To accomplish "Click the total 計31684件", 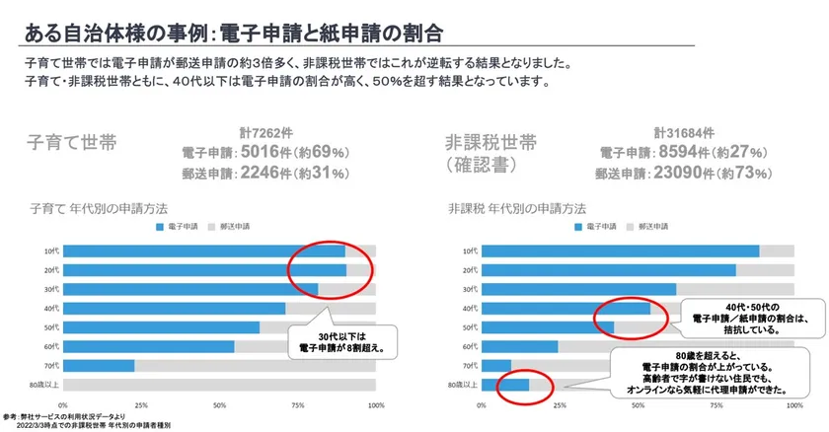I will tap(680, 133).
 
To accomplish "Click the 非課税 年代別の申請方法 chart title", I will tap(517, 209).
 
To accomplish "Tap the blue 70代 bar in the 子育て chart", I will tap(98, 365).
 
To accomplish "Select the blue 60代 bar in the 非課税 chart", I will tap(519, 346).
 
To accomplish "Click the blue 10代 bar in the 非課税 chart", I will tap(621, 251).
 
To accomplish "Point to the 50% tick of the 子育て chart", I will tap(219, 404).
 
